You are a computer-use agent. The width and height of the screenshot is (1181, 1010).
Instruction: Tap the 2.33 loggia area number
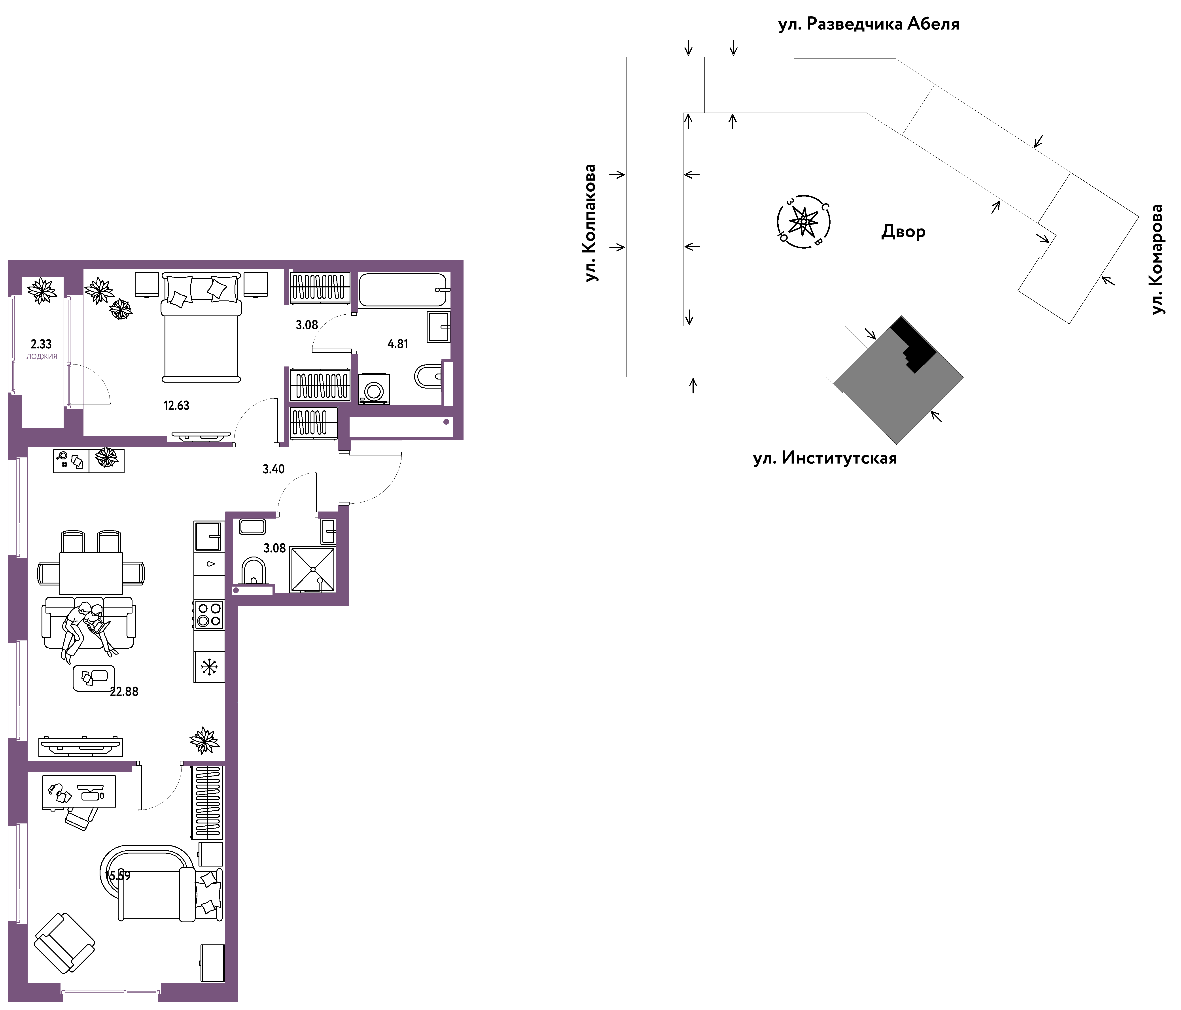[x=41, y=344]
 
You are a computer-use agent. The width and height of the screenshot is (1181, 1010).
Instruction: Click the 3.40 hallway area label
[x=274, y=469]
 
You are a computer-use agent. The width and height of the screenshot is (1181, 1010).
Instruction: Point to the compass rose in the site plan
[x=804, y=221]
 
